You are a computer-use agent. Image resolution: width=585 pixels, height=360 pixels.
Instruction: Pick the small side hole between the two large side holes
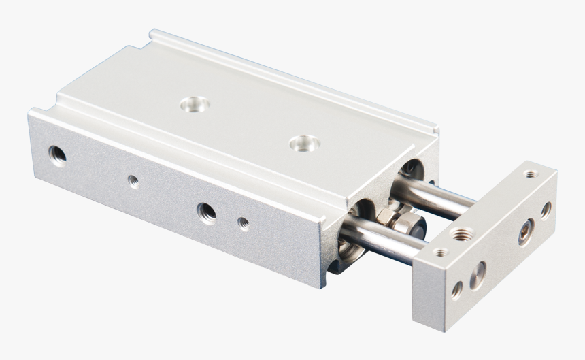(x=133, y=181)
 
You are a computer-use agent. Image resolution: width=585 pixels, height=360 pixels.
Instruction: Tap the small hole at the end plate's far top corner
(x=529, y=175)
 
